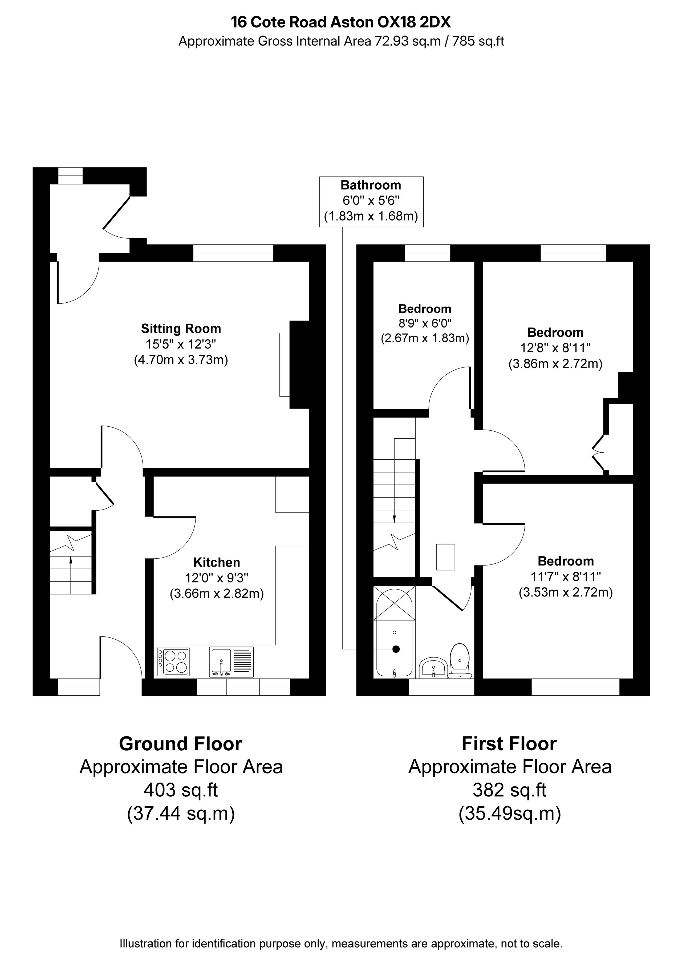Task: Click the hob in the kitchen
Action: click(x=173, y=662)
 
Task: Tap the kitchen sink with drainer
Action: click(x=231, y=662)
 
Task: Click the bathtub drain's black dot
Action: click(x=396, y=649)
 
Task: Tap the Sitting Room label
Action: click(x=181, y=328)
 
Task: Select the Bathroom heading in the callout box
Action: click(x=371, y=185)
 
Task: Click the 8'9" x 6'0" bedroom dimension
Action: click(x=425, y=323)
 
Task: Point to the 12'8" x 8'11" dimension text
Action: click(x=555, y=348)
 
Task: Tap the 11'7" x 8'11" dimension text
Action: click(x=566, y=576)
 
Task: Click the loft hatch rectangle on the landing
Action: click(x=446, y=557)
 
